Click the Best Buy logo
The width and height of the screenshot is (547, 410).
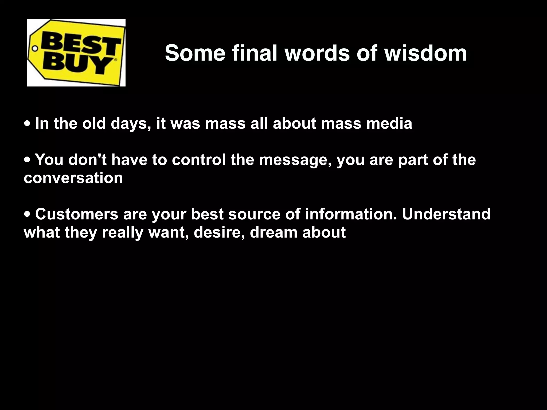(76, 53)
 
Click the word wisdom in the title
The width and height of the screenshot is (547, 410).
(425, 53)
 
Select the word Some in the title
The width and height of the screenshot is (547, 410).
(195, 53)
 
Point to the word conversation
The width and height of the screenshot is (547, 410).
(73, 178)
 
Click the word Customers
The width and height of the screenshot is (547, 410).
(77, 214)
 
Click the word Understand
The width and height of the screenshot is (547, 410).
(446, 214)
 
